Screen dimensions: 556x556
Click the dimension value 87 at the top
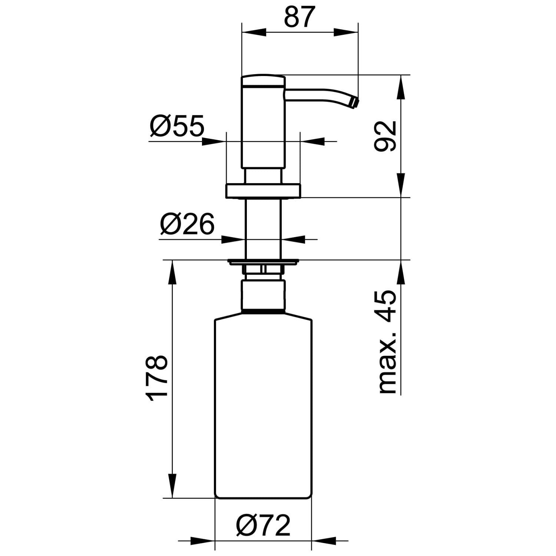[x=299, y=17]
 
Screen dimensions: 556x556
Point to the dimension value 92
[x=385, y=136]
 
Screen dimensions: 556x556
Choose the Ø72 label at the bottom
[x=264, y=525]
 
